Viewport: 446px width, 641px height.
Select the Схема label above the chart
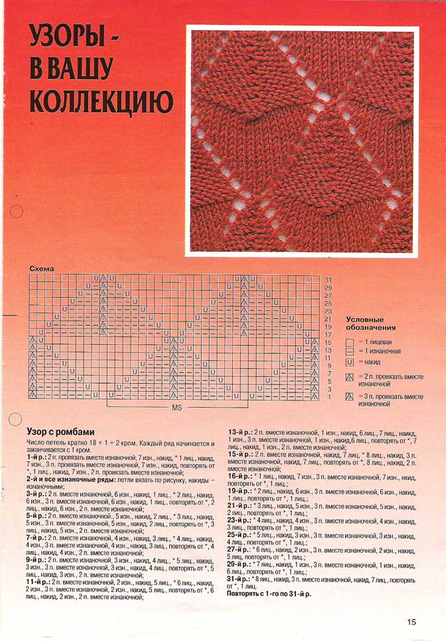point(41,268)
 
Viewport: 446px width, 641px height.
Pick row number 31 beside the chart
point(328,280)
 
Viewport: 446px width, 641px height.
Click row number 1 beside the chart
point(328,397)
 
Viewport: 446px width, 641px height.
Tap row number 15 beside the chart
point(328,342)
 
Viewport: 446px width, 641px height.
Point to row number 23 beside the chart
point(328,311)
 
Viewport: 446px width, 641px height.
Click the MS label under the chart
point(177,408)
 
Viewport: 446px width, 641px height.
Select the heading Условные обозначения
point(371,323)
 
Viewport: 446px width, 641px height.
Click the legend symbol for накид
point(350,362)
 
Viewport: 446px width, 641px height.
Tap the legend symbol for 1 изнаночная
point(350,351)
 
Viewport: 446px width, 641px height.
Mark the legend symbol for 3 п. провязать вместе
point(350,397)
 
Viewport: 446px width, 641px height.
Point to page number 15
point(412,622)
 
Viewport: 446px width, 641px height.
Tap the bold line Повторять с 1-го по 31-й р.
point(269,594)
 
